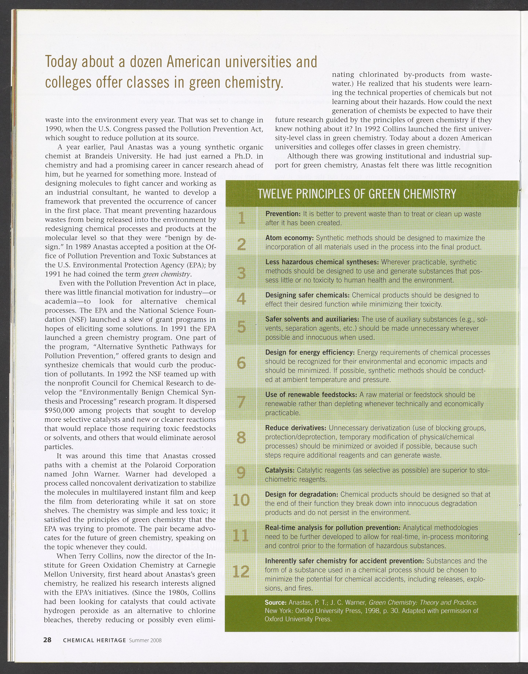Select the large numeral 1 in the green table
pos(241,218)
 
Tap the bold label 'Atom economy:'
pos(289,238)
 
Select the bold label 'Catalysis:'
pos(279,470)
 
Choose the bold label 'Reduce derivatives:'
pos(296,428)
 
